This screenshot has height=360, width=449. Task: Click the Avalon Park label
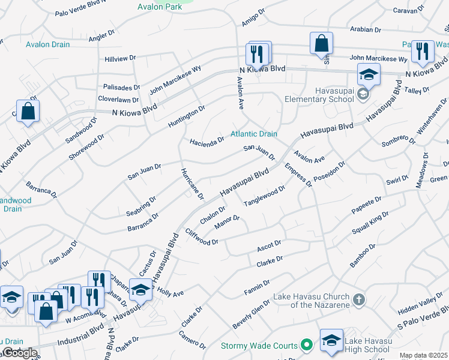coord(159,7)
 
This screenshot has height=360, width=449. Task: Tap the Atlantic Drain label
coord(255,134)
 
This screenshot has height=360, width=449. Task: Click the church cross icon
coord(358,299)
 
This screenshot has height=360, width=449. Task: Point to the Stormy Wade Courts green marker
coord(307,345)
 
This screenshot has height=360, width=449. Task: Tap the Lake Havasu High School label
coord(367,345)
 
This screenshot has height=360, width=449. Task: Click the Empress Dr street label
coord(298,175)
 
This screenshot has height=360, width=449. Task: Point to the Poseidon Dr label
coord(329,172)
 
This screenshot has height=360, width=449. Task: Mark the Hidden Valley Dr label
coord(420,305)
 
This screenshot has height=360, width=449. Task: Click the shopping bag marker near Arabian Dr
coord(321,43)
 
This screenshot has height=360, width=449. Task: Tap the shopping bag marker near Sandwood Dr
coord(28,112)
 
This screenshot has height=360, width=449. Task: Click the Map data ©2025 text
coord(424,355)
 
